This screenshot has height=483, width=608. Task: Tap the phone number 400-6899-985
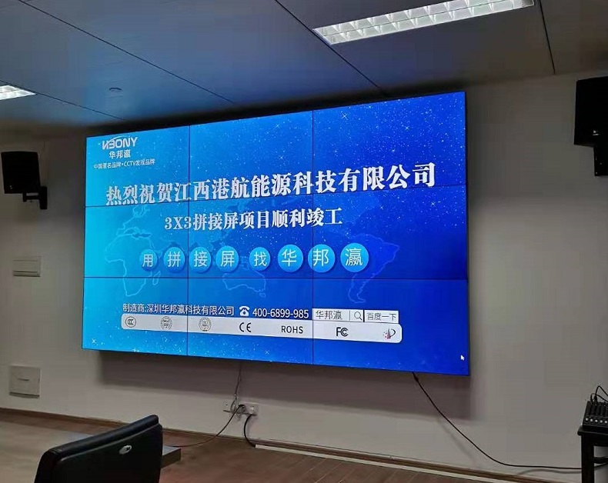click(280, 313)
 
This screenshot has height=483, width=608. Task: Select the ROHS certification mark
click(292, 329)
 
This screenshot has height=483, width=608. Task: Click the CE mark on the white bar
click(245, 327)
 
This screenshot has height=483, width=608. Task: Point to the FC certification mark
click(342, 331)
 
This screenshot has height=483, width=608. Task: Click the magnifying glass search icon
click(357, 315)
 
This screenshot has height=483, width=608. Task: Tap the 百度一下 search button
click(382, 316)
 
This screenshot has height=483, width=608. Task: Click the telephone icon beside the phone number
click(244, 311)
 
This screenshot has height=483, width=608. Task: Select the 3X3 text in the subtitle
click(179, 224)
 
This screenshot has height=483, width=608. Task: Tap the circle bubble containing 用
click(147, 260)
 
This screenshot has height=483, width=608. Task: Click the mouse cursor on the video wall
click(463, 357)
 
